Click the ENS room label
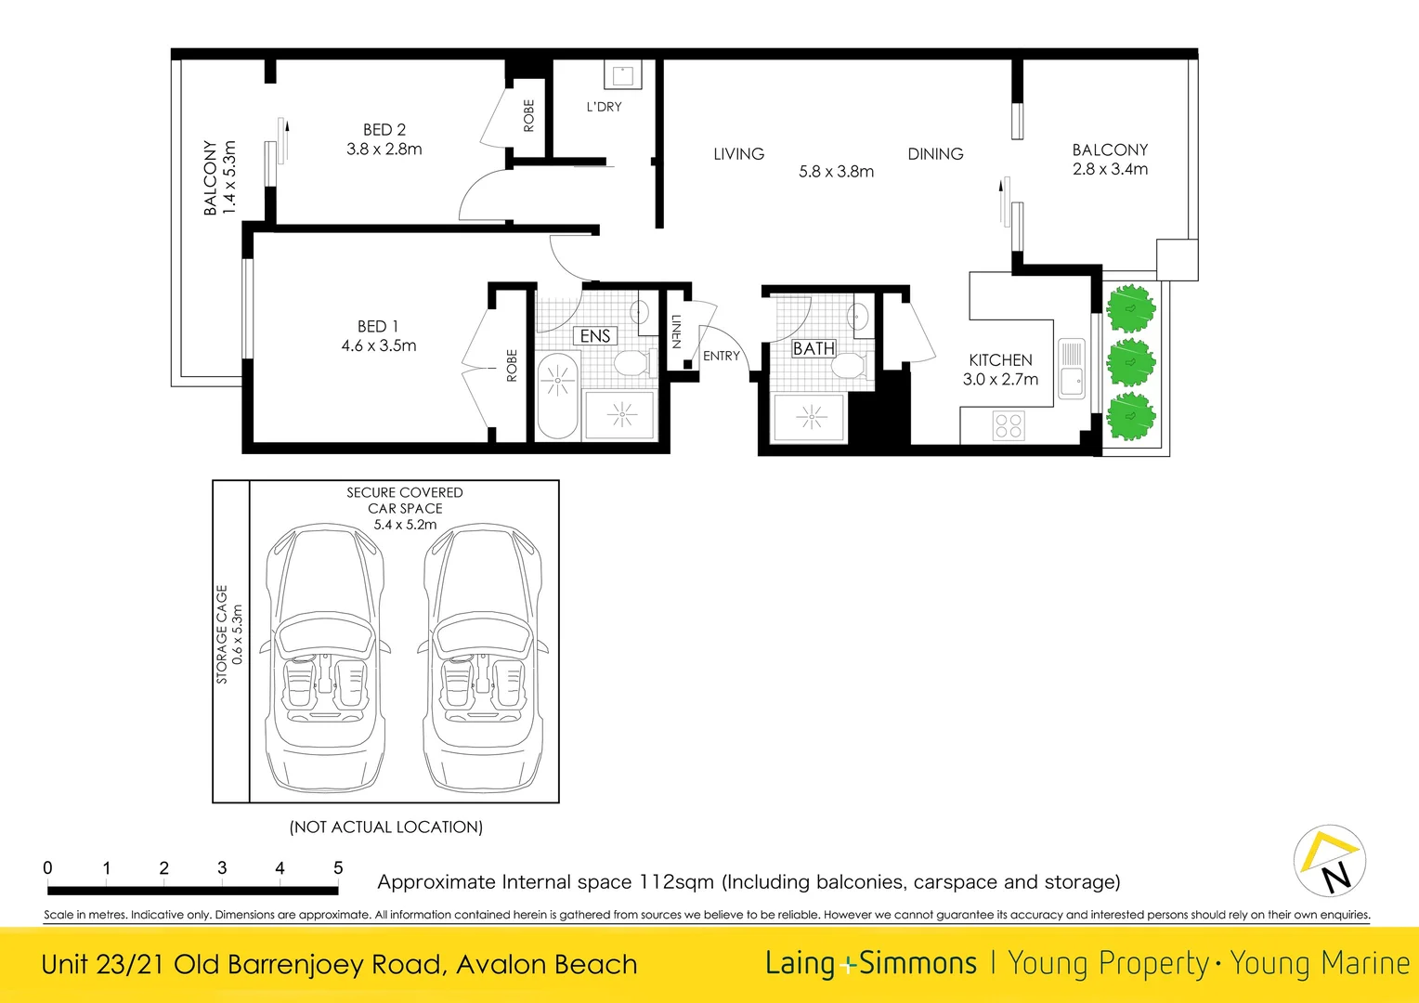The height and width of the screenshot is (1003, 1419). pyautogui.click(x=595, y=336)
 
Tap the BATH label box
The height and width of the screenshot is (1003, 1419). pyautogui.click(x=814, y=349)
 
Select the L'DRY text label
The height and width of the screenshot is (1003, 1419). pyautogui.click(x=604, y=107)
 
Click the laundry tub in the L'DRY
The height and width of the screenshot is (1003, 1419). pyautogui.click(x=622, y=75)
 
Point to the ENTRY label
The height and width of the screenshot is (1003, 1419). pyautogui.click(x=722, y=356)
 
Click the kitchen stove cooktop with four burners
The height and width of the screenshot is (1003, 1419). pyautogui.click(x=1009, y=426)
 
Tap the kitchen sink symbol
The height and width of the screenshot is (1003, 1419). pyautogui.click(x=1072, y=368)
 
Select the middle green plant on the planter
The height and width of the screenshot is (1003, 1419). pyautogui.click(x=1130, y=362)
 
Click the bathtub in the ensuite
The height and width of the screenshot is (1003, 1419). pyautogui.click(x=557, y=395)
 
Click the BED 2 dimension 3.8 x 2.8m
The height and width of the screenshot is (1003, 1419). pyautogui.click(x=384, y=150)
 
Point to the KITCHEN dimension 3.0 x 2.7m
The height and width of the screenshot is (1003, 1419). pyautogui.click(x=1000, y=380)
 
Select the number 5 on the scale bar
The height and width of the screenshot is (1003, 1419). pyautogui.click(x=338, y=867)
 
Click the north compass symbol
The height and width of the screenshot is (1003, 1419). pyautogui.click(x=1330, y=861)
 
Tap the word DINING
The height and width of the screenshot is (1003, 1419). pyautogui.click(x=935, y=154)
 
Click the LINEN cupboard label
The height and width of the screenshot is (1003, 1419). pyautogui.click(x=676, y=332)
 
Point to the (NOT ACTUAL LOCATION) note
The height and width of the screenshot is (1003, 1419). pyautogui.click(x=386, y=827)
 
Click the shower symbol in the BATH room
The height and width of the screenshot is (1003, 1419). pyautogui.click(x=811, y=418)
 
